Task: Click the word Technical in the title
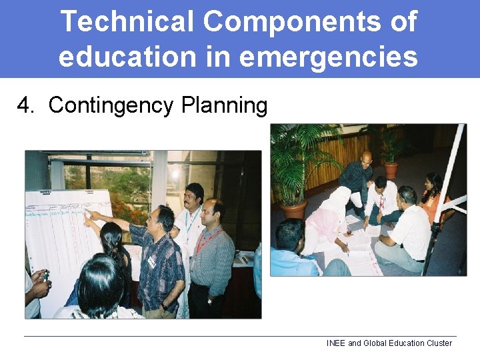point(127,22)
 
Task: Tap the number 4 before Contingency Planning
point(25,105)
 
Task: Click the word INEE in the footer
point(335,343)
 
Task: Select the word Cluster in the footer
point(437,343)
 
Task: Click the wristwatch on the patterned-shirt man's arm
point(164,306)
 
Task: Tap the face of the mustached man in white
point(194,197)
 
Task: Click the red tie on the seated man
point(382,203)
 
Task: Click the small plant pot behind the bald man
point(391,170)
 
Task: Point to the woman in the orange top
point(433,197)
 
